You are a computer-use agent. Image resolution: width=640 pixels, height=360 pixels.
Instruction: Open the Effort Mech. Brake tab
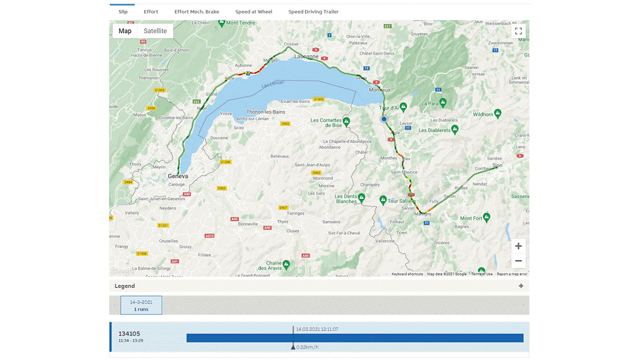(x=196, y=11)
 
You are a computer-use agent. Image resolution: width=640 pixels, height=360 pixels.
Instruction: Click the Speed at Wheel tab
(x=253, y=11)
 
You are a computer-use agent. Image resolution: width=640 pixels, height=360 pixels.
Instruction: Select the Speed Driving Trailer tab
(x=313, y=11)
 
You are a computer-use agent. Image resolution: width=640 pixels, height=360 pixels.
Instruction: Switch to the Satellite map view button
(x=155, y=31)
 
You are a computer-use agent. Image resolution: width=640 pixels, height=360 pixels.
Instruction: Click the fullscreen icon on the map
(x=518, y=31)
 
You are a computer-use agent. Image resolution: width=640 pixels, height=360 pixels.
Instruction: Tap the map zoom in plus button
(x=518, y=246)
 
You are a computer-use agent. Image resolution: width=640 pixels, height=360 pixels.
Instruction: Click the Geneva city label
(x=178, y=176)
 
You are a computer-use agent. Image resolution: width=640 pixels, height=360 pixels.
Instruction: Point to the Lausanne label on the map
(x=306, y=56)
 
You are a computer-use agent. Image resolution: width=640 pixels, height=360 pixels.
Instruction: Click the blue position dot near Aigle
(x=384, y=119)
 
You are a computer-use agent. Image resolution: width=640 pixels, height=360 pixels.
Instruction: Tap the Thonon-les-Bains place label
(x=266, y=112)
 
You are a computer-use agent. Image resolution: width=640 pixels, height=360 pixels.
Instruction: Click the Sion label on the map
(x=497, y=165)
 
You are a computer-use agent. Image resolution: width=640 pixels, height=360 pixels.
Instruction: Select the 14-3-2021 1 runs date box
(x=141, y=305)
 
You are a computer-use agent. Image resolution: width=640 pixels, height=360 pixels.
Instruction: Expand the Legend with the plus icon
(x=521, y=286)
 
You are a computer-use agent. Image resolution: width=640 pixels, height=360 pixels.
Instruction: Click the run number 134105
(x=129, y=334)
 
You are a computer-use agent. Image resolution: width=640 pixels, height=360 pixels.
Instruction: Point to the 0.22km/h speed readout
(x=307, y=347)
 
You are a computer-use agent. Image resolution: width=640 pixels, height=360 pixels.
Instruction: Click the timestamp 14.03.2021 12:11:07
(x=317, y=329)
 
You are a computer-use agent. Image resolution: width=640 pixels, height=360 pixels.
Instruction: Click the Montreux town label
(x=379, y=90)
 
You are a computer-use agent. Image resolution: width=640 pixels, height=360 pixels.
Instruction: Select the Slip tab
(x=123, y=11)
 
